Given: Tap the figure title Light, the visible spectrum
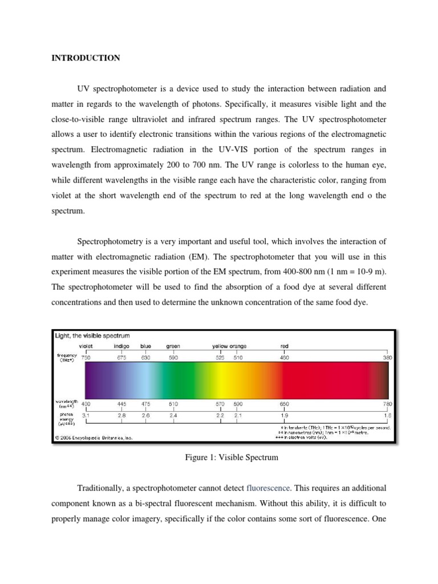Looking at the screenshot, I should pos(92,335).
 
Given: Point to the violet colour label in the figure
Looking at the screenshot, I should pos(86,346).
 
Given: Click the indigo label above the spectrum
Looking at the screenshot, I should pos(122,346).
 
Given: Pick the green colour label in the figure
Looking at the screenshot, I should pos(173,346).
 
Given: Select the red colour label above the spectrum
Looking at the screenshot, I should pos(285,346).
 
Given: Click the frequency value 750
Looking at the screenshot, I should pos(86,358).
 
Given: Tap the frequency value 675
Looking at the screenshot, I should pos(122,358).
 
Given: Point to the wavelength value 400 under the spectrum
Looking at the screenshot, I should pos(86,403).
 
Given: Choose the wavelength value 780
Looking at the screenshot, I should pos(387,403).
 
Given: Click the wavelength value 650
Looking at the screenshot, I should pos(285,403).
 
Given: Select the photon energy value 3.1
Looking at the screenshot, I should pos(86,416).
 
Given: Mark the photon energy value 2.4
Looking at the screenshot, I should pos(173,416).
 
